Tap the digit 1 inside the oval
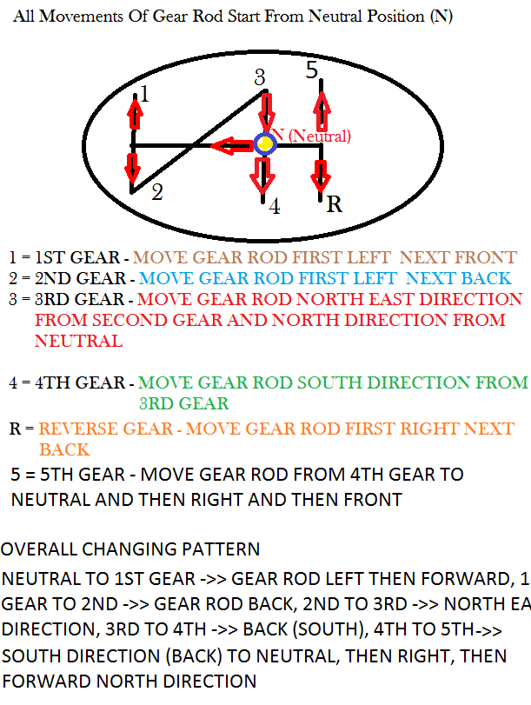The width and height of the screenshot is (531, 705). (144, 95)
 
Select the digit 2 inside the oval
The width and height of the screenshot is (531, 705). (156, 192)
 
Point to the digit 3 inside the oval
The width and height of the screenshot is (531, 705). (259, 77)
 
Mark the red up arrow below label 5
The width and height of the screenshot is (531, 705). (322, 110)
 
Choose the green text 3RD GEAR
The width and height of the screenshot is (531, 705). (183, 403)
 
